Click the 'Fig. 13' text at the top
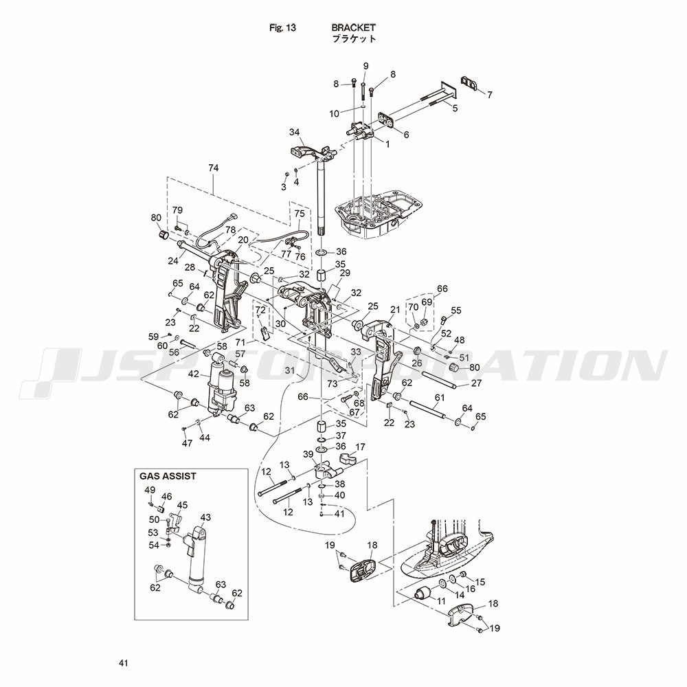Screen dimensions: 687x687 coord(282,28)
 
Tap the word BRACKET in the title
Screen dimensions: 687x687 coord(354,27)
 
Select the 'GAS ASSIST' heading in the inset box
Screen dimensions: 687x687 coord(168,476)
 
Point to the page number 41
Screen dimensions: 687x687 coord(124,663)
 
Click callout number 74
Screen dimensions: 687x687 coord(214,168)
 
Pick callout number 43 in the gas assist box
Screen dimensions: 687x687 coord(205,517)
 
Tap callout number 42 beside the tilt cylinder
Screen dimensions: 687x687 coord(194,374)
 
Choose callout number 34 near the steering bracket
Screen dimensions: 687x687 coord(295,132)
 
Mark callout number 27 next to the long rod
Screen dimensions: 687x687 coord(476,383)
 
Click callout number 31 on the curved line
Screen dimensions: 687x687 coord(290,371)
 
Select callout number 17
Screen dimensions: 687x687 coord(360,447)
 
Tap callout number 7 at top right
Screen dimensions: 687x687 coord(490,95)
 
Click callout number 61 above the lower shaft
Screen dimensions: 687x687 coord(440,397)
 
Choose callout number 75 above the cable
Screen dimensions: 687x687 coord(300,214)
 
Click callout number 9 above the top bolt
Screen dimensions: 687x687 coord(366,66)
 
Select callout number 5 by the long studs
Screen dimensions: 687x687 coord(455,108)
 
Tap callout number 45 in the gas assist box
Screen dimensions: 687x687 coord(182,505)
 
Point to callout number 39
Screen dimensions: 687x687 coord(308,455)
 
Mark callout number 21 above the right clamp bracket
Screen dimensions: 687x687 coord(395,310)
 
